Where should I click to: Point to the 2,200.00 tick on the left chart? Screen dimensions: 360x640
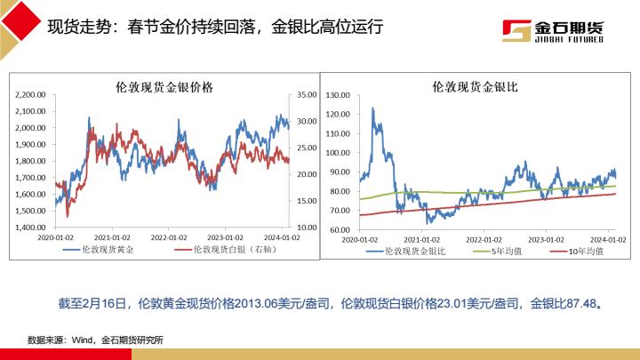31,94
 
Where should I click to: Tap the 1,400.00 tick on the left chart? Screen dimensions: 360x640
31,228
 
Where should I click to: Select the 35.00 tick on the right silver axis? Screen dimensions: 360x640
307,94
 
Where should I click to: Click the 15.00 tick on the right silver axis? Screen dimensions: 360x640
307,201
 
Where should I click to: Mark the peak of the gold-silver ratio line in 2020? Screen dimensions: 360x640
372,108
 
